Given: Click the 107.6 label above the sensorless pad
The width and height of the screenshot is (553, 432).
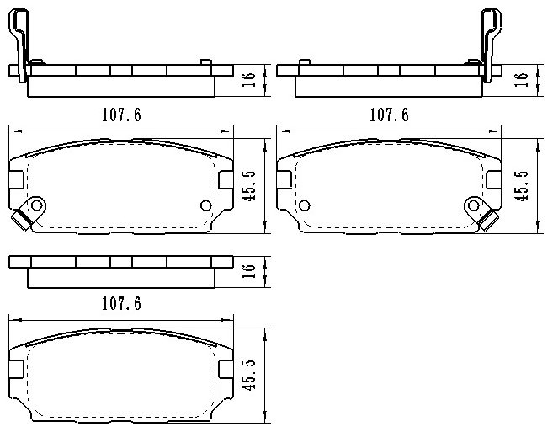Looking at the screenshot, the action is pos(121,303).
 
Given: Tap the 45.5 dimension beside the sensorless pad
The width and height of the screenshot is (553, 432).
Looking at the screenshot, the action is pos(249,375).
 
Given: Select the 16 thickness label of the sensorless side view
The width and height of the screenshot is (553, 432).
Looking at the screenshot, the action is pos(249,271).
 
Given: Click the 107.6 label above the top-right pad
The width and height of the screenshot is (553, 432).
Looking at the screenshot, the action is pos(389,115).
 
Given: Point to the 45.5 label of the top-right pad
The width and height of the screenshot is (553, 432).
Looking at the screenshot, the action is pos(522,186).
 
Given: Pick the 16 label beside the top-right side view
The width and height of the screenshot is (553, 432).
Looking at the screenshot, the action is pos(522,80).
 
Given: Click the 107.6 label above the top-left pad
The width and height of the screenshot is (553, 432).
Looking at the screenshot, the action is pos(121,115).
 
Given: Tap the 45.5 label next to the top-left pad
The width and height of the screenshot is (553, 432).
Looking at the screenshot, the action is pos(249,186).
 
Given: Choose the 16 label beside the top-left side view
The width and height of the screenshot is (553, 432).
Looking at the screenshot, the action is pos(249,80).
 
